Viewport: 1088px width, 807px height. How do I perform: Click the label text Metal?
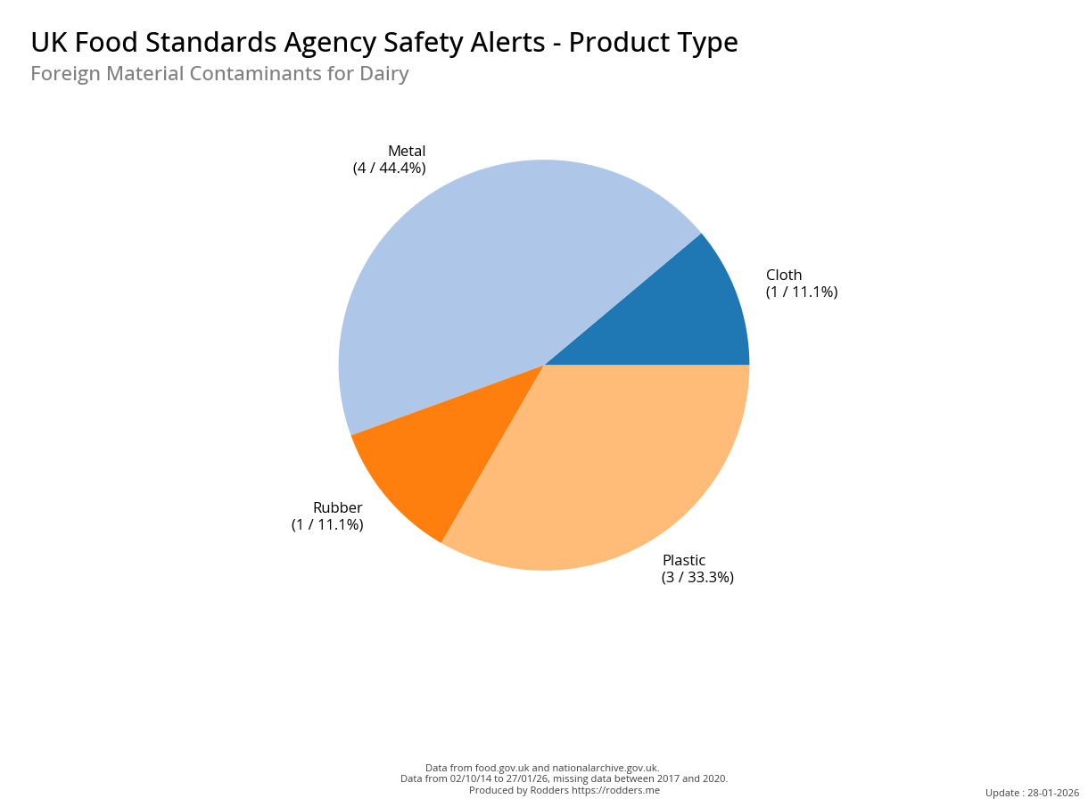[407, 151]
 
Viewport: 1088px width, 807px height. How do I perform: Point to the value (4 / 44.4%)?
[389, 168]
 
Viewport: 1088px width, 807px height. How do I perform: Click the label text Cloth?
[784, 275]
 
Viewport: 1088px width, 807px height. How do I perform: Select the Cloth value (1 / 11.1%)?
[802, 292]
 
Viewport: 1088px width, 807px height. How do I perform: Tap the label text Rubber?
[337, 507]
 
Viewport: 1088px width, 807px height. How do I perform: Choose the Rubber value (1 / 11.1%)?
[327, 524]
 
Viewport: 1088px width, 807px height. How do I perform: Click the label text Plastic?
[684, 560]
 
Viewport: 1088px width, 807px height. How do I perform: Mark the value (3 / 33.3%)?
[697, 577]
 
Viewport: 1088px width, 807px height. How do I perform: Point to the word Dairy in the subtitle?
[383, 74]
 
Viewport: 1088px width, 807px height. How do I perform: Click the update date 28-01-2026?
[1053, 793]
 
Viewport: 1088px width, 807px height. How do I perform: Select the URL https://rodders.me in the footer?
[615, 790]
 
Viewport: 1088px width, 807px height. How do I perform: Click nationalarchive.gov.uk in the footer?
[606, 768]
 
